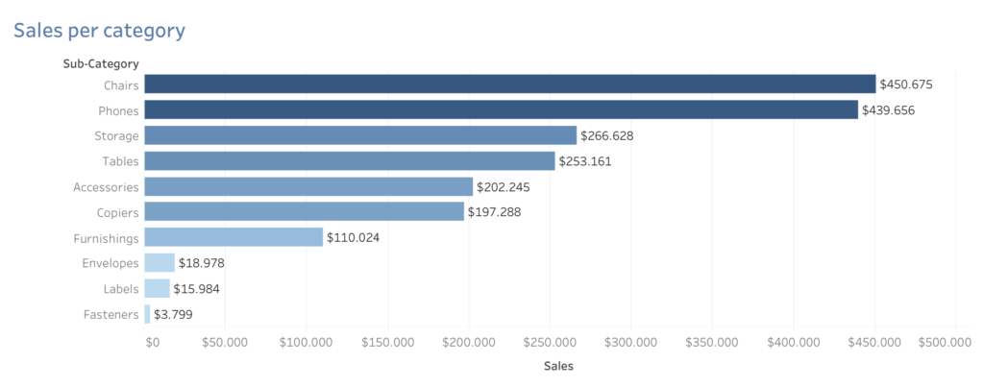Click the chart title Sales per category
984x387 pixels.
click(x=98, y=31)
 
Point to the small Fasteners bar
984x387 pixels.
click(x=147, y=313)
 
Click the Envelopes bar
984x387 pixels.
click(x=160, y=262)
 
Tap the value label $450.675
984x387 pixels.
click(x=906, y=85)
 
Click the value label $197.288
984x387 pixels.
click(x=495, y=211)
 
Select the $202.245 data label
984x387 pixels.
click(x=503, y=186)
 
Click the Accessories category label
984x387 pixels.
click(x=106, y=186)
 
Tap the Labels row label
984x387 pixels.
click(x=121, y=288)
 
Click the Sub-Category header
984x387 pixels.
click(x=94, y=63)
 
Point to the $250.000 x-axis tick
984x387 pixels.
click(x=551, y=342)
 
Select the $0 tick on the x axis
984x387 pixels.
click(x=152, y=342)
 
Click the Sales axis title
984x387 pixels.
click(x=558, y=366)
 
